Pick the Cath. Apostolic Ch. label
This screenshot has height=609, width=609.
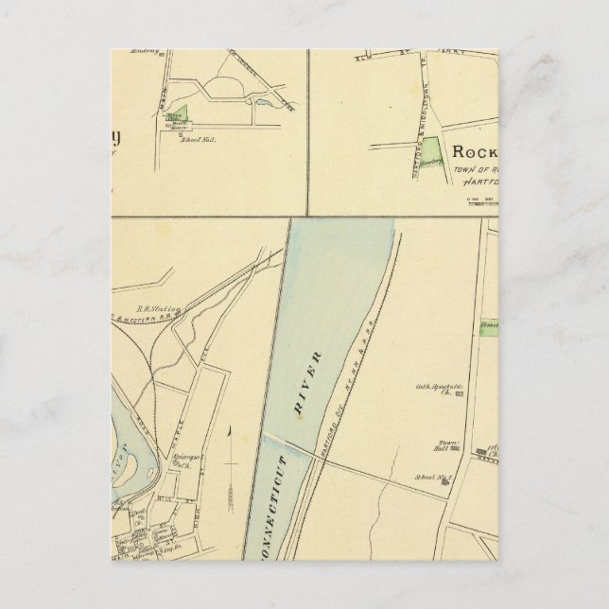coord(432,389)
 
